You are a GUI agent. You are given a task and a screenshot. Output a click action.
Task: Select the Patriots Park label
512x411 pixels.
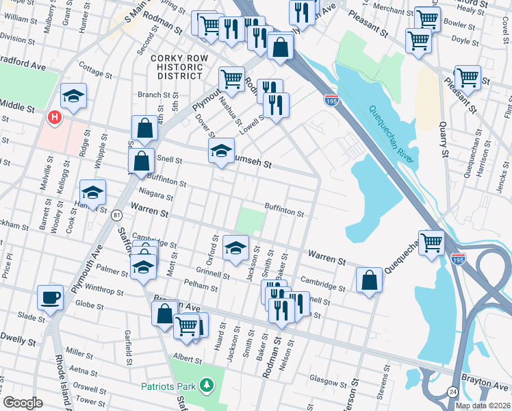click(x=169, y=386)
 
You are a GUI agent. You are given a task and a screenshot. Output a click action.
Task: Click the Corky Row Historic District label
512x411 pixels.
click(x=178, y=67)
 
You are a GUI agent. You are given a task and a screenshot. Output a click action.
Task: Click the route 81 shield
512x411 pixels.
click(x=116, y=215)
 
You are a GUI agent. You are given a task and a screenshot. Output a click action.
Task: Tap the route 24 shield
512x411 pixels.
click(x=452, y=391)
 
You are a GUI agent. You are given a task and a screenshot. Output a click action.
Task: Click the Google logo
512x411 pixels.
click(x=23, y=402)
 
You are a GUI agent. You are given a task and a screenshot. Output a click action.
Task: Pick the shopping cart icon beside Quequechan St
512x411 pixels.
click(x=432, y=242)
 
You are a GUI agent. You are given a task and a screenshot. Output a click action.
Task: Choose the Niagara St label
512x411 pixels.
click(x=155, y=197)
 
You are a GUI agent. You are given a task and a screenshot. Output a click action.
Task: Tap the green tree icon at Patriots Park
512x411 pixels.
click(x=206, y=386)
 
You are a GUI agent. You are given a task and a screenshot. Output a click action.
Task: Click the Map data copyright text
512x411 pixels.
click(x=482, y=406)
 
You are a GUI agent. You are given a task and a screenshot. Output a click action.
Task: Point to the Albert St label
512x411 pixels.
click(x=188, y=358)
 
